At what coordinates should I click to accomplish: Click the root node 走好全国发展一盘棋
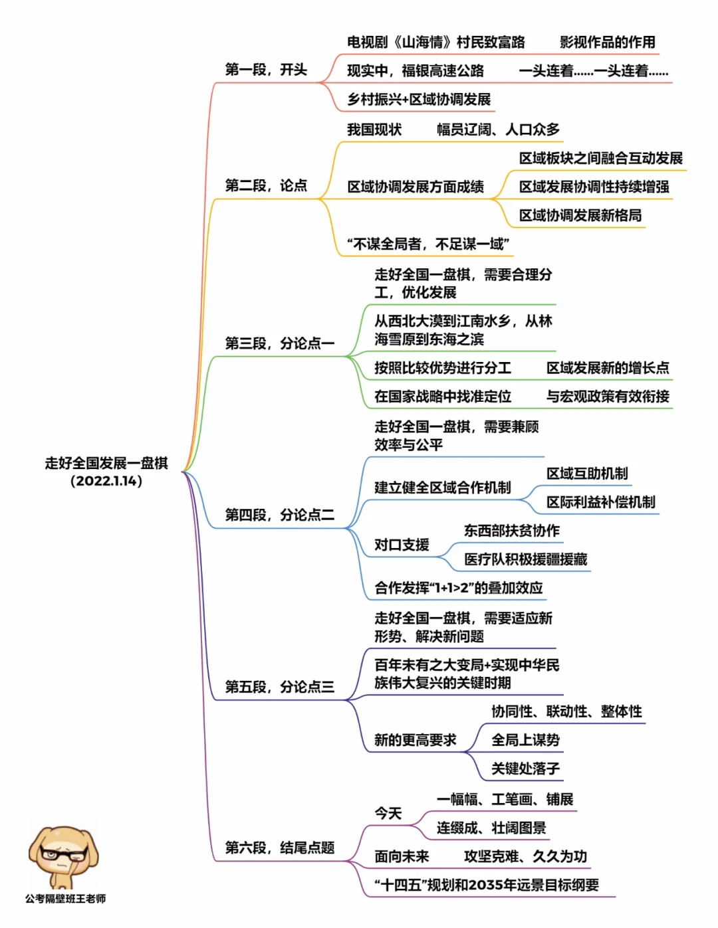106,464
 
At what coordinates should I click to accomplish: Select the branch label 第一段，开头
266,70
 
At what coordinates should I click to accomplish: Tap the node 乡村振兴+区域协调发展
419,100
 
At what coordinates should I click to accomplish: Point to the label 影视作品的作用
607,43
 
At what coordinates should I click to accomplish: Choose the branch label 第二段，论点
266,185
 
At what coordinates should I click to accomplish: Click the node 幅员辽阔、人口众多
498,130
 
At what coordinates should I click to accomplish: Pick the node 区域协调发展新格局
580,215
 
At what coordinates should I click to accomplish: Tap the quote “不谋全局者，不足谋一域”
428,244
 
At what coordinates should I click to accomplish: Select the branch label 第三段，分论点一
279,343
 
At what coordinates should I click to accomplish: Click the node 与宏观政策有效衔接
608,397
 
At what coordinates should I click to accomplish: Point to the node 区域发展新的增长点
608,368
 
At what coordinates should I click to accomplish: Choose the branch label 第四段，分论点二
279,515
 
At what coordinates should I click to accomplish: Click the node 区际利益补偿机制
601,502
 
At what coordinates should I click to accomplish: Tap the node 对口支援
402,545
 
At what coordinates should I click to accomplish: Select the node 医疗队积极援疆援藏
525,559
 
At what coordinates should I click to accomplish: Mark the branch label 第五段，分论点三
279,687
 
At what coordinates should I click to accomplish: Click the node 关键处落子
525,769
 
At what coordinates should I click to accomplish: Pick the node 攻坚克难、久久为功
525,857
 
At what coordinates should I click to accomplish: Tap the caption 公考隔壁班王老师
65,899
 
